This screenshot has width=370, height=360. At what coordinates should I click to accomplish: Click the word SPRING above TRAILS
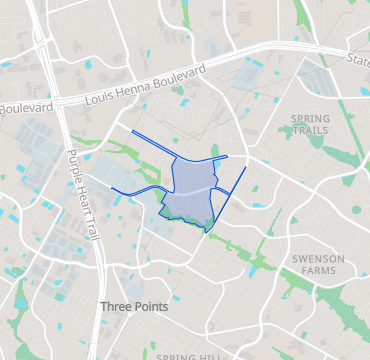coord(309,119)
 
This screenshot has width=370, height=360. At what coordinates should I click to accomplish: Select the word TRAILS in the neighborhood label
coord(309,130)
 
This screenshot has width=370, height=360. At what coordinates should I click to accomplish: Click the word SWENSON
coord(318,258)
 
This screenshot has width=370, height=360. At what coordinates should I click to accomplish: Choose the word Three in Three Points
coord(117,306)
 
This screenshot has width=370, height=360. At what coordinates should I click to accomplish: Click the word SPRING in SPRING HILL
coord(176,356)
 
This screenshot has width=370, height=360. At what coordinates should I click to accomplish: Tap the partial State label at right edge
coord(358,60)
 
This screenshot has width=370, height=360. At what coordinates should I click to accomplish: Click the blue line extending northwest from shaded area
coord(150,140)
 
